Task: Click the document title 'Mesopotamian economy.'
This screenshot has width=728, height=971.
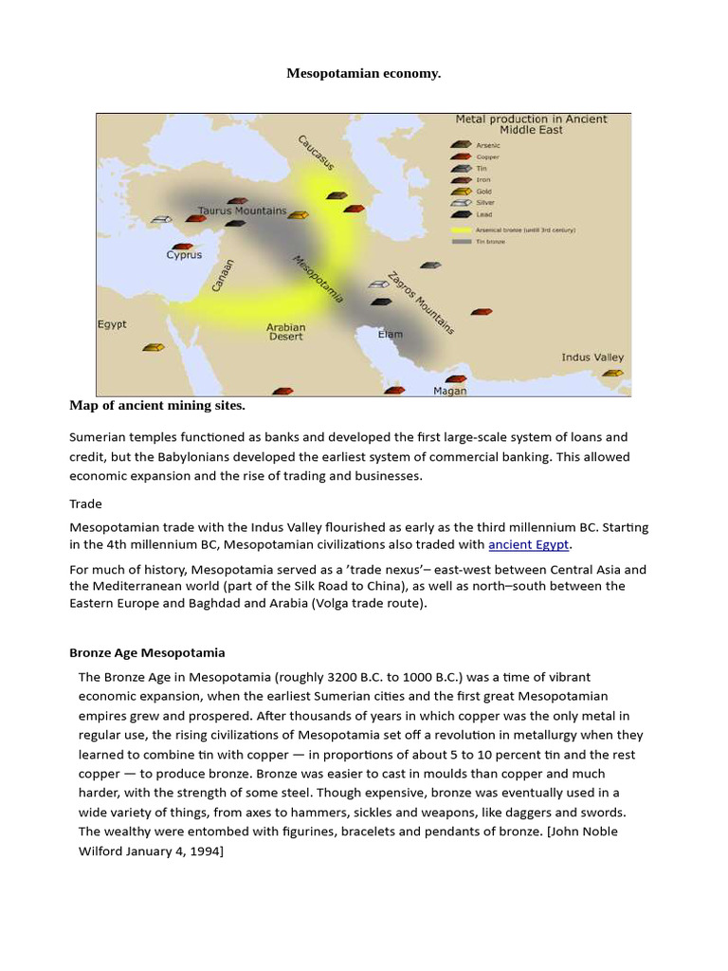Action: click(364, 74)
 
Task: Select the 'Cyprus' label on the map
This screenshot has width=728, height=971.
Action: click(185, 255)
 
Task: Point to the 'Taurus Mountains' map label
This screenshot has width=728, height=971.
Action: click(242, 211)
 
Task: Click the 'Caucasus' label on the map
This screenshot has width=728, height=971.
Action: click(316, 153)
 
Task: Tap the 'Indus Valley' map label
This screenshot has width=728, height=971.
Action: click(592, 357)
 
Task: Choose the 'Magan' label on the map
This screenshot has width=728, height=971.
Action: click(449, 390)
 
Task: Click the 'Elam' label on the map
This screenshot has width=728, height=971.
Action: click(390, 335)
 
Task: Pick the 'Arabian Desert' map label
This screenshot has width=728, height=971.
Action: click(285, 332)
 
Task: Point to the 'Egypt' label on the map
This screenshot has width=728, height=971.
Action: click(112, 324)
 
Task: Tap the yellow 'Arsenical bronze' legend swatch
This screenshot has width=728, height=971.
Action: click(462, 229)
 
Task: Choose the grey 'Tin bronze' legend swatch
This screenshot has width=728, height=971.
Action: click(462, 241)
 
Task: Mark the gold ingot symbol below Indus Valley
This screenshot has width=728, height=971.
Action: click(612, 374)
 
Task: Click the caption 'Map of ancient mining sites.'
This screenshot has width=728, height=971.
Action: click(157, 406)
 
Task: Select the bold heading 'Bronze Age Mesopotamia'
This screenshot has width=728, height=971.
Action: click(147, 653)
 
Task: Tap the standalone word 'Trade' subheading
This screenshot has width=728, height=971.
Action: click(85, 504)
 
